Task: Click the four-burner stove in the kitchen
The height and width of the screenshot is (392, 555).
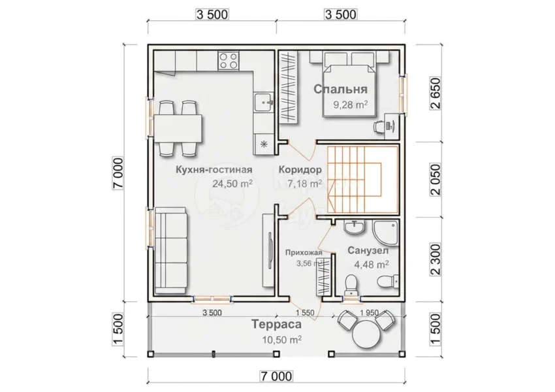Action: click(229, 60)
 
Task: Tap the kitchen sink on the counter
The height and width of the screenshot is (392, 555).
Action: click(263, 103)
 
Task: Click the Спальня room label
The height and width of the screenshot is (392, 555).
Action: click(340, 89)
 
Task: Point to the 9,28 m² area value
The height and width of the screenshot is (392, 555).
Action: click(350, 105)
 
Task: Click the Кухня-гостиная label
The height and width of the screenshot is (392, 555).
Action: click(214, 170)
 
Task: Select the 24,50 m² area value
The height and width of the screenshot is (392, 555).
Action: click(232, 184)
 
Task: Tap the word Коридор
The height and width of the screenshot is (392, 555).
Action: click(300, 170)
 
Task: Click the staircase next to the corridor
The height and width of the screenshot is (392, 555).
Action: click(363, 180)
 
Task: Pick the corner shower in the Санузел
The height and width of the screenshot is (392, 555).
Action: click(385, 233)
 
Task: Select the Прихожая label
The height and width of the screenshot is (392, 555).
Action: click(304, 252)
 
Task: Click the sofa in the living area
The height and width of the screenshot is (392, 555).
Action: click(171, 251)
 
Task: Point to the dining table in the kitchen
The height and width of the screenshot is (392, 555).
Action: click(178, 128)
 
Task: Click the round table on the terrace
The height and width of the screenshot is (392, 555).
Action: click(367, 334)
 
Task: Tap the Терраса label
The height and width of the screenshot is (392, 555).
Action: click(276, 324)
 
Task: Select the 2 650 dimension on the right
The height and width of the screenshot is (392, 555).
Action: click(436, 93)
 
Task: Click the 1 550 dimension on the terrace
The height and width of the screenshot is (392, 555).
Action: click(305, 313)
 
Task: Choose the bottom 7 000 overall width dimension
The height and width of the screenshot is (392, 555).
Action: click(276, 376)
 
